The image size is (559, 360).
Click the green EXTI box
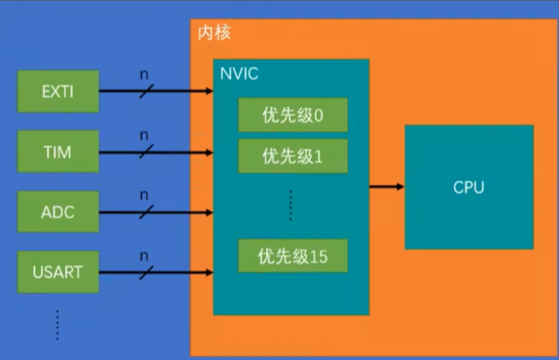[58, 91]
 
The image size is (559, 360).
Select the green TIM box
[58, 151]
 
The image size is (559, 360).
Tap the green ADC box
[58, 212]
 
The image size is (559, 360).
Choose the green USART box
[58, 272]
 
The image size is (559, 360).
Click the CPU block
[469, 187]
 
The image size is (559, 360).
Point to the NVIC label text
[239, 74]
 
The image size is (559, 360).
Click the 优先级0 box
[293, 115]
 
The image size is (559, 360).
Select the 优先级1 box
[293, 156]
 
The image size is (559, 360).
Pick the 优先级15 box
[293, 256]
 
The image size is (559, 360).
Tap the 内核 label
[214, 33]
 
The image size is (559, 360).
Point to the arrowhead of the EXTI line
[210, 91]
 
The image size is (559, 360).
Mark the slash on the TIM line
[146, 151]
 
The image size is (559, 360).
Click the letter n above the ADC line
[144, 195]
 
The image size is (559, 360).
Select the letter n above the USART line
[144, 256]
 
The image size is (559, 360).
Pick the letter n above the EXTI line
[144, 75]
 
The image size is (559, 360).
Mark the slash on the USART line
[146, 272]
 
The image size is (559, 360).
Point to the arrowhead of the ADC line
[210, 212]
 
